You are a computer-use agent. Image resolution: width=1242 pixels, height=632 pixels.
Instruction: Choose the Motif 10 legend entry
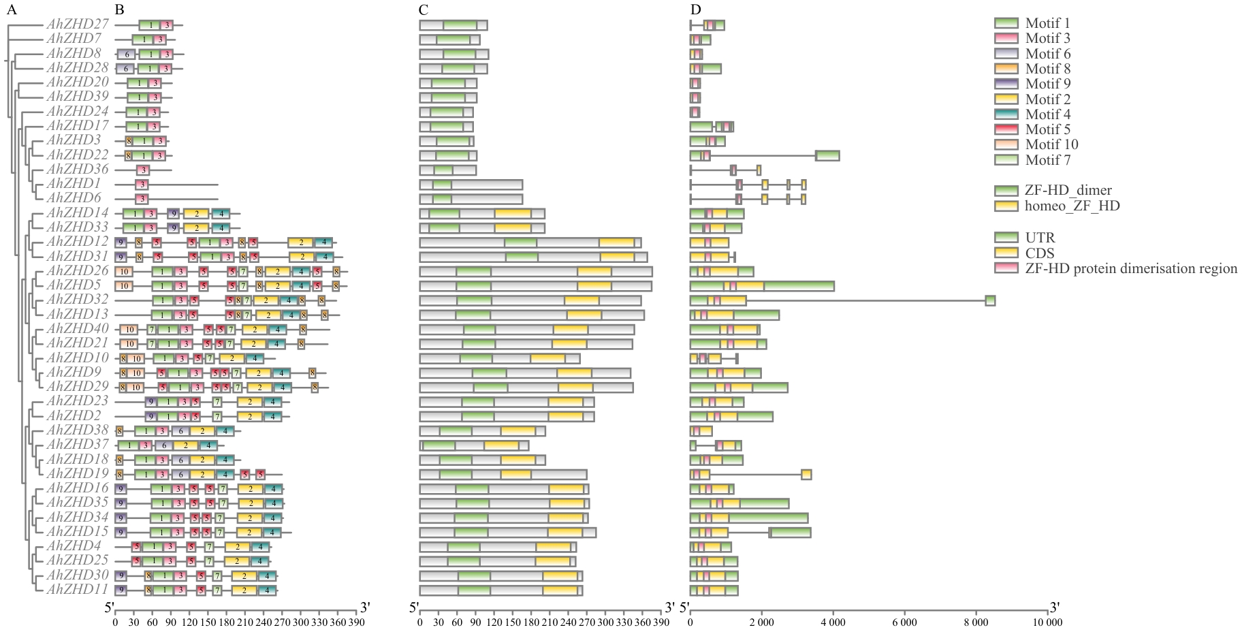point(1051,144)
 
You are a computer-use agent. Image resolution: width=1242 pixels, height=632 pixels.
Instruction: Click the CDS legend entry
point(1040,253)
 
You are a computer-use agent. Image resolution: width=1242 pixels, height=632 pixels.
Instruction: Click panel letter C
point(424,10)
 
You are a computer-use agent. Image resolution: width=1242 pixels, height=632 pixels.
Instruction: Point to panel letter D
point(695,10)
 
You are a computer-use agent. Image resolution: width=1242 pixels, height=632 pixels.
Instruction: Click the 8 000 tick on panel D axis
point(976,622)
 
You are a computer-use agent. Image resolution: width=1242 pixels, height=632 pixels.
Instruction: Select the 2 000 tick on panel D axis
point(761,622)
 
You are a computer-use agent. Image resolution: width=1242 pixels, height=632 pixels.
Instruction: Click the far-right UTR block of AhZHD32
point(990,300)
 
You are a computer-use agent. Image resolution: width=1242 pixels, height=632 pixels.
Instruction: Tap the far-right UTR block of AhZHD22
point(827,155)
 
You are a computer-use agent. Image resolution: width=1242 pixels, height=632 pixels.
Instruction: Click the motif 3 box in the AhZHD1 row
point(142,185)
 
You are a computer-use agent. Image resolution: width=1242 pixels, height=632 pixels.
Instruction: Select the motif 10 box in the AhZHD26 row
point(124,271)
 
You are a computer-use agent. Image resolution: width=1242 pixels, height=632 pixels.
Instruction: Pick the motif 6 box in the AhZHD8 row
point(126,54)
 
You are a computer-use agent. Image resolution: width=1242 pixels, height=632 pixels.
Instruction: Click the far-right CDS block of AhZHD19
point(806,474)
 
